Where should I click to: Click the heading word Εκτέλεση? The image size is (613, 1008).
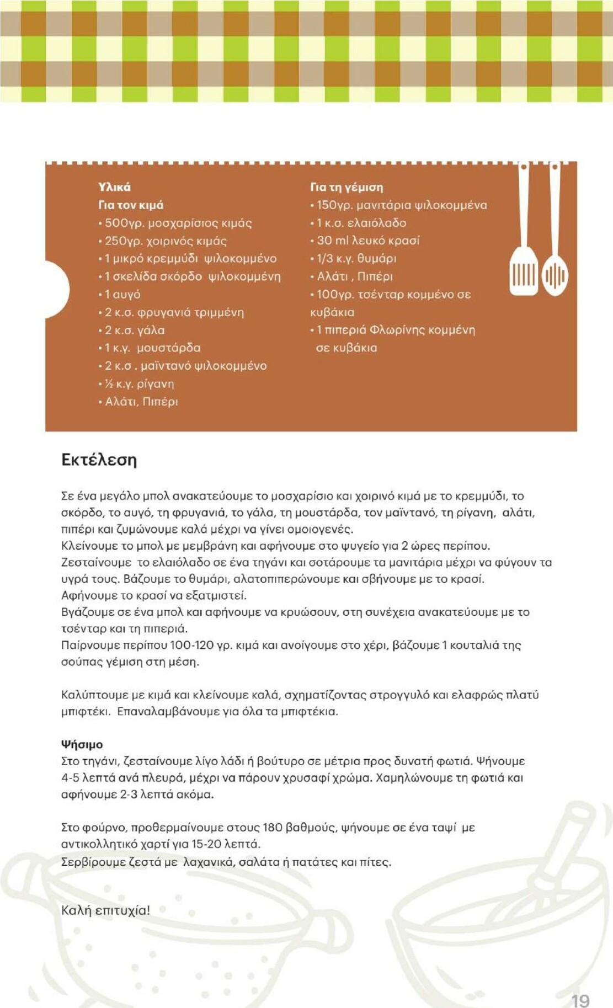tap(99, 460)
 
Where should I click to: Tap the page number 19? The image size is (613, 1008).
tap(580, 1001)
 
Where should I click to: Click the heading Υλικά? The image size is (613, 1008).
tap(114, 187)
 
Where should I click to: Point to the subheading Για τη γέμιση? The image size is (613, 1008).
tap(347, 187)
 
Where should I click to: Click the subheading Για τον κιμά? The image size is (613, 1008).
tap(131, 205)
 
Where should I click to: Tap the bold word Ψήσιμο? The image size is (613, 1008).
tap(82, 744)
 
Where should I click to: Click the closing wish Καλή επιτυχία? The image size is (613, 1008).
tap(105, 910)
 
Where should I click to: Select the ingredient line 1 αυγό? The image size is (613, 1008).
tap(122, 295)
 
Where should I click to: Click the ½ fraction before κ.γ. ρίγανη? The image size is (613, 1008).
tap(109, 384)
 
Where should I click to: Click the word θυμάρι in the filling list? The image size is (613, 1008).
tap(377, 258)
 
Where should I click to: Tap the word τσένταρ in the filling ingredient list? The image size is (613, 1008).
tap(381, 294)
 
